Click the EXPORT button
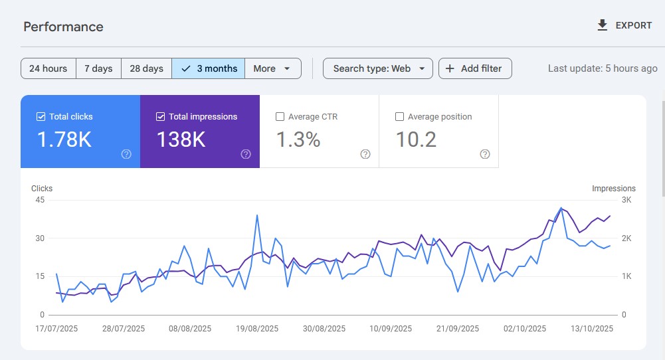[x=624, y=25]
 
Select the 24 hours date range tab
[x=48, y=68]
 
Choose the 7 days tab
[x=98, y=68]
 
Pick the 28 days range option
[x=146, y=68]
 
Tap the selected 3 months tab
[x=209, y=68]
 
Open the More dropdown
[x=272, y=68]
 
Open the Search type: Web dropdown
[x=378, y=68]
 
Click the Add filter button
[x=475, y=68]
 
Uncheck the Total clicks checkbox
[x=41, y=117]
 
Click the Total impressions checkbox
[x=160, y=117]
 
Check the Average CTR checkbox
[x=280, y=117]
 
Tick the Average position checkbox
[x=399, y=117]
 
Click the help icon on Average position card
[x=485, y=154]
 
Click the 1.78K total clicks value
[x=64, y=140]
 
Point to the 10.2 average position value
[x=416, y=140]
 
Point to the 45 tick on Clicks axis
[x=39, y=200]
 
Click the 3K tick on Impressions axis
[x=626, y=200]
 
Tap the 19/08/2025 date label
[x=257, y=329]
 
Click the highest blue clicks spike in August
[x=257, y=215]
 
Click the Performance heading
[x=63, y=27]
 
